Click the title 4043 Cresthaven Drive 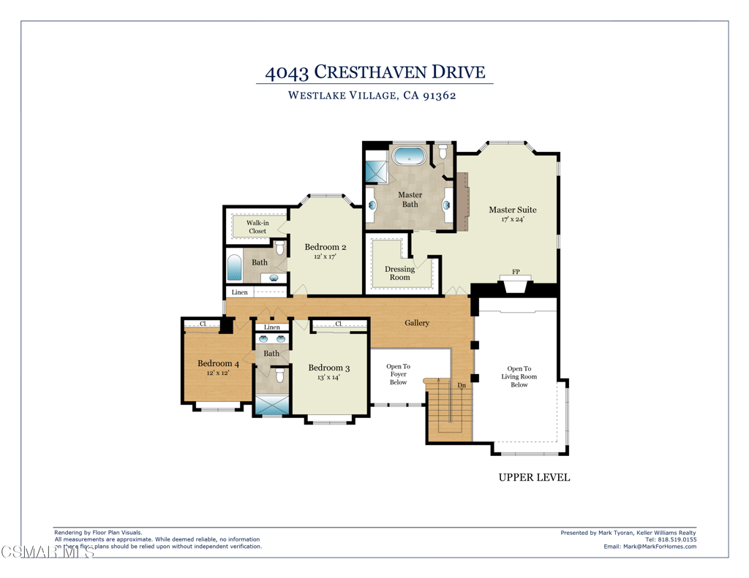[374, 72]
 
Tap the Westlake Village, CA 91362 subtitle [372, 95]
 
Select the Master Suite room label [512, 210]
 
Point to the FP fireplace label [516, 272]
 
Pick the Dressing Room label [399, 273]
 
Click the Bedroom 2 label [325, 247]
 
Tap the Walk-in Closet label [257, 227]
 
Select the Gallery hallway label [417, 322]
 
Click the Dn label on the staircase [462, 385]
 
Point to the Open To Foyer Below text [398, 374]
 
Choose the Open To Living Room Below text [519, 376]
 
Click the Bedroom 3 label [328, 368]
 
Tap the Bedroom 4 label [218, 363]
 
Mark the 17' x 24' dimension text [512, 219]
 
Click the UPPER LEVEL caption [534, 478]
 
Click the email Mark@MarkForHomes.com [650, 547]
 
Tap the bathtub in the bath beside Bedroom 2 [234, 267]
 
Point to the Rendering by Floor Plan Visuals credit [98, 533]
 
